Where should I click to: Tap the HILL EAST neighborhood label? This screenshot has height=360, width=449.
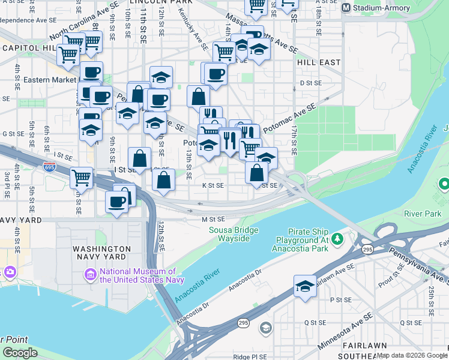318,62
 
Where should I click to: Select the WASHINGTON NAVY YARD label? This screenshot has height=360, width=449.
101,253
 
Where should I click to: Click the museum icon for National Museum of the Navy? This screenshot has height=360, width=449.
91,275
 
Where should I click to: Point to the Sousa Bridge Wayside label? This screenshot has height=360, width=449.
234,234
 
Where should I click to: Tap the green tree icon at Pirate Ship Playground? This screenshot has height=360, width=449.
337,239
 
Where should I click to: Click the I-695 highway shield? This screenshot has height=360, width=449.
50,166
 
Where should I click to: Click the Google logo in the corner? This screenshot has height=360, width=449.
20,353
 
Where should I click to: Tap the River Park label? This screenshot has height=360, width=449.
423,213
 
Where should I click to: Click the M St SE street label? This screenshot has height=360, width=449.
212,220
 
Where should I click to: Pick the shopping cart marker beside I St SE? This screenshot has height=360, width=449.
81,178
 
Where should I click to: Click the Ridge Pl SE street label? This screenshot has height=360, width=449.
250,356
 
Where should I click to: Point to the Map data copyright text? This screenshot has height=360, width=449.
408,355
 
